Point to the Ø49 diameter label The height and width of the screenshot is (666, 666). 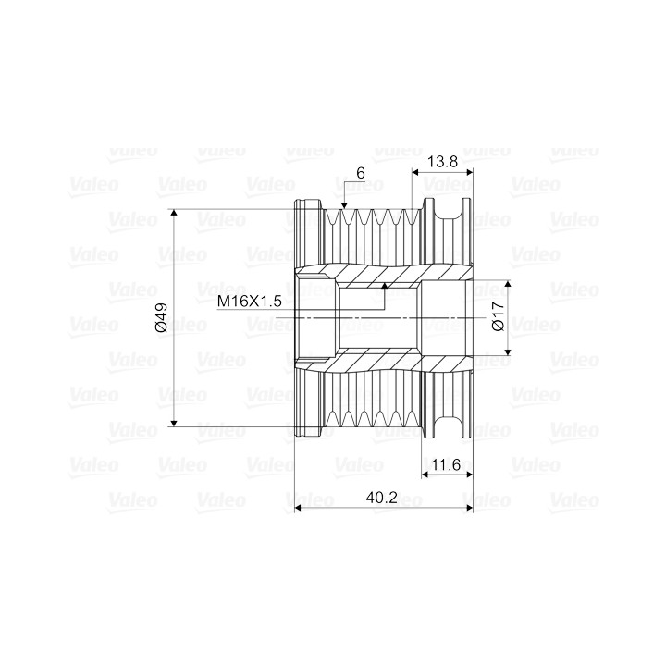[x=162, y=317]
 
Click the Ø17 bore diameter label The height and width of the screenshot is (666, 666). [x=498, y=316]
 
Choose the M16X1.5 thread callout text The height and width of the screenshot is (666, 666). [x=250, y=302]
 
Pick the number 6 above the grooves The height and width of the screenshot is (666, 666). [x=361, y=173]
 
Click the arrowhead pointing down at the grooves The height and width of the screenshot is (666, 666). [x=344, y=205]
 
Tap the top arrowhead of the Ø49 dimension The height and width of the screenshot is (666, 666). [x=174, y=213]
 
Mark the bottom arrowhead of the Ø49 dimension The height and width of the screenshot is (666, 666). [x=174, y=422]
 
